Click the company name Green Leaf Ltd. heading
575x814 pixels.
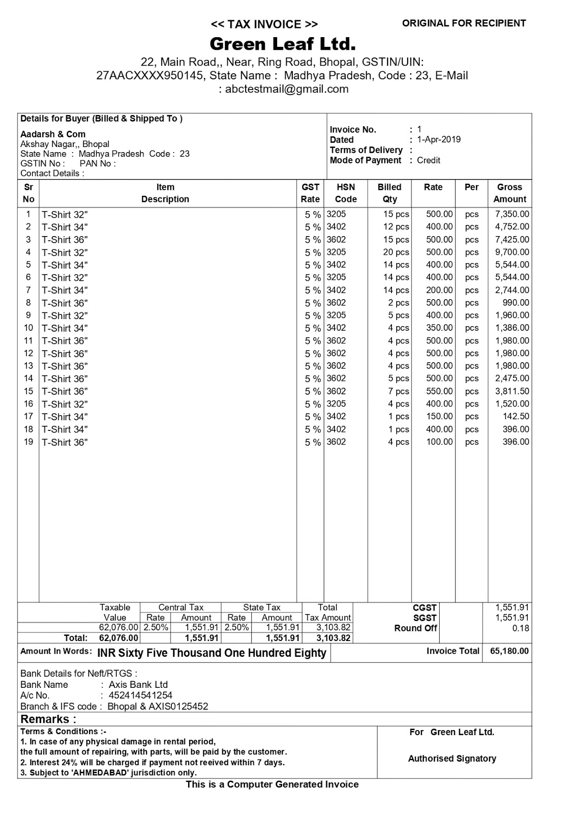[282, 44]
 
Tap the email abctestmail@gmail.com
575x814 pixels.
[287, 89]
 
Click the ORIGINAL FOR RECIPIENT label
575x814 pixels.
[464, 23]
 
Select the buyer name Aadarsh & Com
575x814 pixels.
[53, 134]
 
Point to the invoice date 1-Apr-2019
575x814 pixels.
[439, 139]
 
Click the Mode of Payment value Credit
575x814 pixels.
[429, 160]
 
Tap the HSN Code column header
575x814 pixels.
[346, 193]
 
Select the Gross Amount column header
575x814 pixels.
[509, 193]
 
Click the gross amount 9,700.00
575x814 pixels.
[512, 252]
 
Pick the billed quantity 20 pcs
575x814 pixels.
[396, 252]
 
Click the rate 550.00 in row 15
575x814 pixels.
[439, 391]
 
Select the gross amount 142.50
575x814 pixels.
[516, 417]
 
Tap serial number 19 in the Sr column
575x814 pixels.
[28, 442]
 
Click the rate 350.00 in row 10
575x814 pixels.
[439, 328]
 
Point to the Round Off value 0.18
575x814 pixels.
[521, 628]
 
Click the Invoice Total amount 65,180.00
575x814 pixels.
[509, 651]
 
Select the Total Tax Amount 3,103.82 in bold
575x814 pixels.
[333, 638]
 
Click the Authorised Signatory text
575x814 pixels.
[452, 759]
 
